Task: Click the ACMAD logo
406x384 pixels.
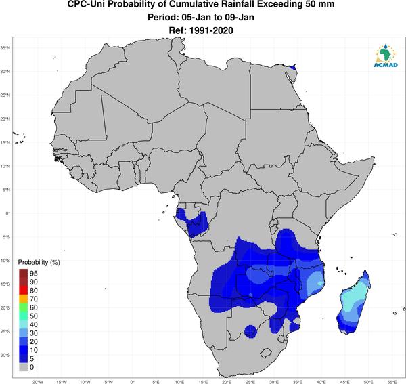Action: [386, 56]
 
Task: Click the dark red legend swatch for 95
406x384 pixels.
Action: [23, 273]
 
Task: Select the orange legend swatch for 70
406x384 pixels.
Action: [23, 299]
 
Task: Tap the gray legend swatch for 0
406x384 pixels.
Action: [23, 367]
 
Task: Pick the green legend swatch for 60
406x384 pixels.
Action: [23, 307]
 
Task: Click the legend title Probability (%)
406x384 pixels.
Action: [39, 262]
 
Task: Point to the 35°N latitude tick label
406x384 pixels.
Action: [5, 48]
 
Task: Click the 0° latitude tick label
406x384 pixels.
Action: [8, 213]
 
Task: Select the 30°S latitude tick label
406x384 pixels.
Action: [5, 355]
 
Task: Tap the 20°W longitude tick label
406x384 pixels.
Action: [38, 382]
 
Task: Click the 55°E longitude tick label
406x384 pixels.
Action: [392, 382]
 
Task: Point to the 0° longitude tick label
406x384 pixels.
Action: [133, 382]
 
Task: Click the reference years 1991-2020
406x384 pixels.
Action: [211, 30]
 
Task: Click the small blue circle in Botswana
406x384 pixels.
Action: [250, 331]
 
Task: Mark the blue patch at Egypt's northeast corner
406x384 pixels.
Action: [293, 67]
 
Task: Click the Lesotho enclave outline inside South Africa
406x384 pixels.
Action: [266, 353]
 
